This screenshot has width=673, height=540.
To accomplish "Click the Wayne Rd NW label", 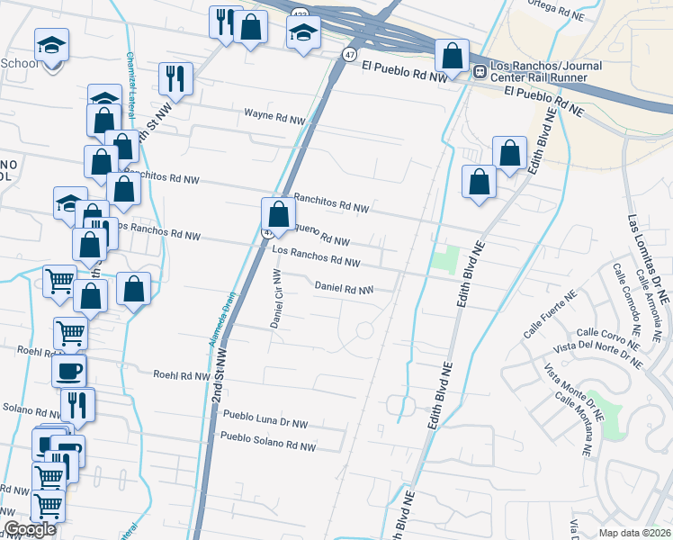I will tap(276, 117).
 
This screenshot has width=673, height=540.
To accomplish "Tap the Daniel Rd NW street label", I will tap(344, 289).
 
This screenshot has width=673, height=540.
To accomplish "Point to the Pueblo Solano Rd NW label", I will tap(269, 445).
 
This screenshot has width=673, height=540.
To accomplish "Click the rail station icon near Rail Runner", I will tap(480, 71).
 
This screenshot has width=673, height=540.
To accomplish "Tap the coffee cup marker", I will tap(71, 370).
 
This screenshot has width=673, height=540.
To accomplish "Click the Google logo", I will tap(30, 529).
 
